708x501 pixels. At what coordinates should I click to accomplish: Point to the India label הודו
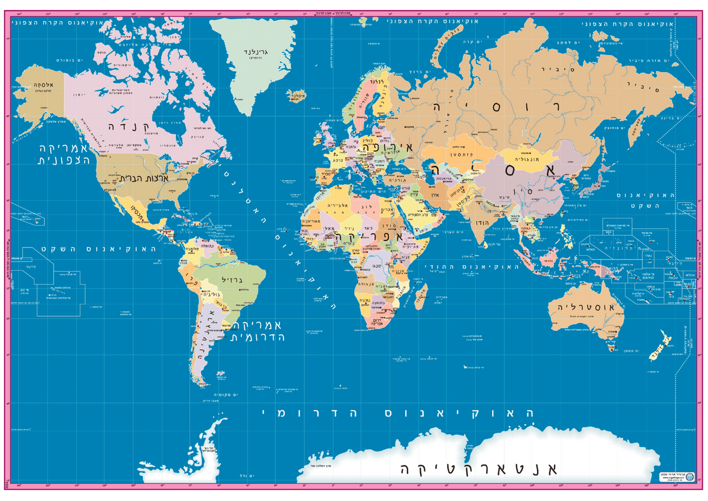[x=480, y=222]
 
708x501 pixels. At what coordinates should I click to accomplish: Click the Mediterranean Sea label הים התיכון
[x=354, y=188]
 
